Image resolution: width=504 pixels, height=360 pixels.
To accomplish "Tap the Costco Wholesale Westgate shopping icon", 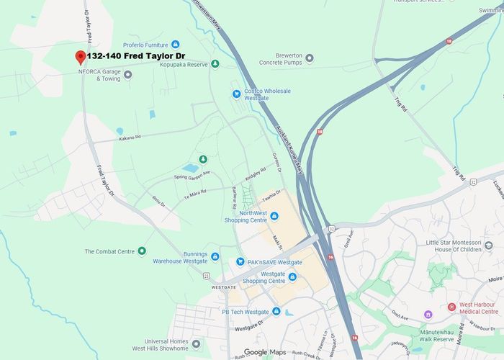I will click(236, 93).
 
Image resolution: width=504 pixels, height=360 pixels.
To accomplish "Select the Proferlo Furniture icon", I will click(175, 45).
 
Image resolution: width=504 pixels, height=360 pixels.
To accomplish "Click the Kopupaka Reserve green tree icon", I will click(215, 65).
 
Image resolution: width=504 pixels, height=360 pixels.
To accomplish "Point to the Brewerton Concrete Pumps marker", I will click(310, 57).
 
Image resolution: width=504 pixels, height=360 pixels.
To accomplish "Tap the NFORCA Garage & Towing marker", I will click(127, 74).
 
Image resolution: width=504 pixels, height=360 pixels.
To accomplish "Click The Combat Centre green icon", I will click(142, 251).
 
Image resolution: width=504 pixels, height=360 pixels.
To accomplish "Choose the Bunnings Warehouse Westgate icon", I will click(215, 256).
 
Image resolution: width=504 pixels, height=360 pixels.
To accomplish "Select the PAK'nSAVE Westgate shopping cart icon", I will click(241, 262).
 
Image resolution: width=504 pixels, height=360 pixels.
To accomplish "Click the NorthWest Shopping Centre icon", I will click(274, 216).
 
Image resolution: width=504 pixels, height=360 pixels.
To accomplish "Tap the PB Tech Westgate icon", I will click(276, 312).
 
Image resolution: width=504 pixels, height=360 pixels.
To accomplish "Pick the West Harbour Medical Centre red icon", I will click(451, 307).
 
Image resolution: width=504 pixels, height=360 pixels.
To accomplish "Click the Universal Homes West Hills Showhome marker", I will click(196, 343).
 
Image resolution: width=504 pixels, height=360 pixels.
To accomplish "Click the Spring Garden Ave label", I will click(192, 175).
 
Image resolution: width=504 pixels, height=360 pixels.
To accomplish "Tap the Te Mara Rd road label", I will click(194, 192).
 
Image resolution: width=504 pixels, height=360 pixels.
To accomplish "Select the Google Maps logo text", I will click(264, 352).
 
